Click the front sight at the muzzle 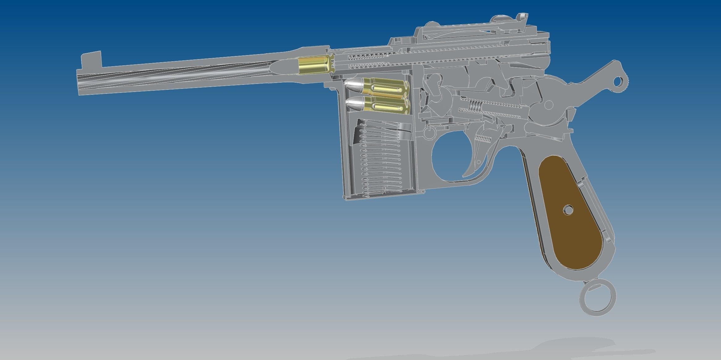pos(92,60)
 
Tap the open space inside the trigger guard pos(449,158)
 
